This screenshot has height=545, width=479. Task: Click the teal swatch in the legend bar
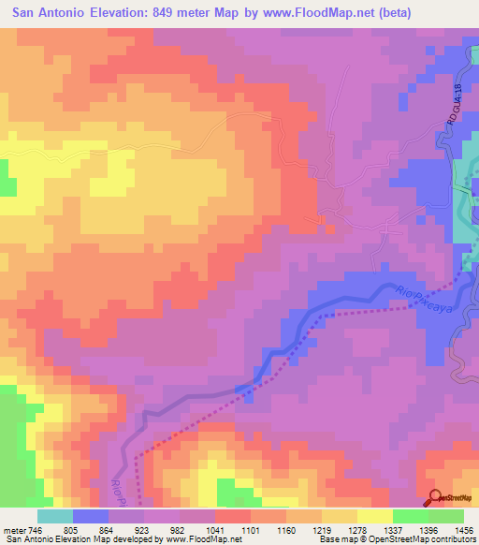[x=55, y=516]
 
